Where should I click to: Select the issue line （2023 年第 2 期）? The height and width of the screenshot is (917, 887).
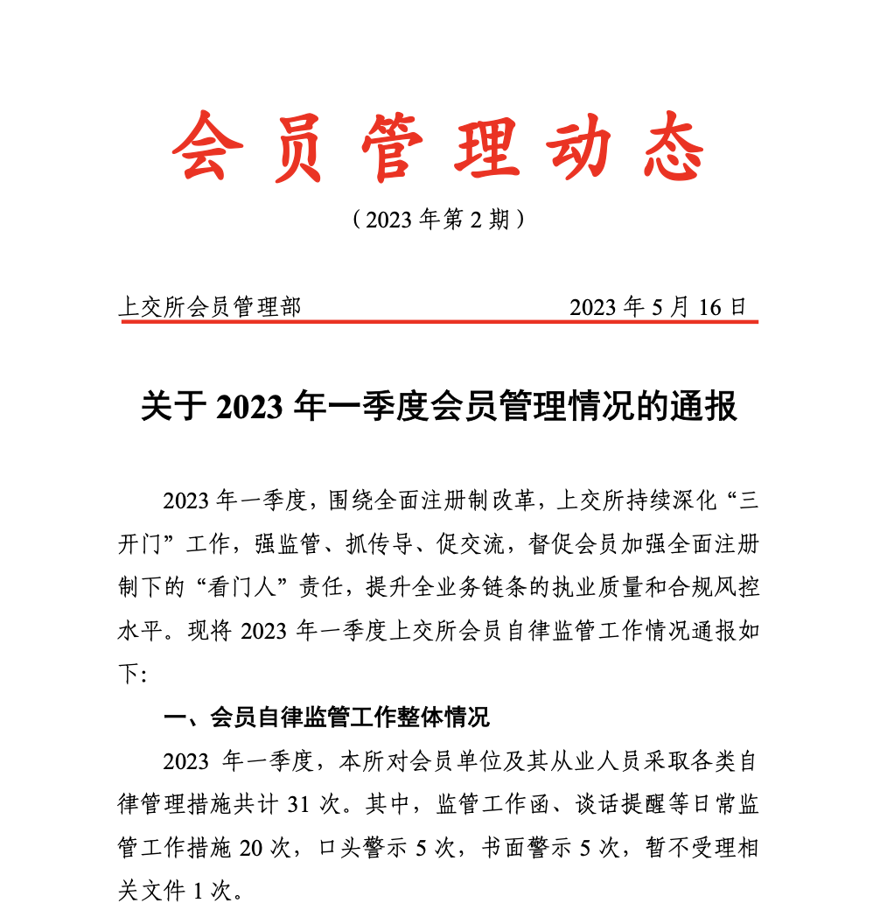coord(437,219)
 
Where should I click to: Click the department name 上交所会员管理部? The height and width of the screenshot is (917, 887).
coord(209,307)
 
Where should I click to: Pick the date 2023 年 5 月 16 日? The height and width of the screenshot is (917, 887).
coord(658,307)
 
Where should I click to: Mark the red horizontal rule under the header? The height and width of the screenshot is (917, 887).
coord(437,321)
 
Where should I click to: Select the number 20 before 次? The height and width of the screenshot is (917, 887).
coord(250,848)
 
